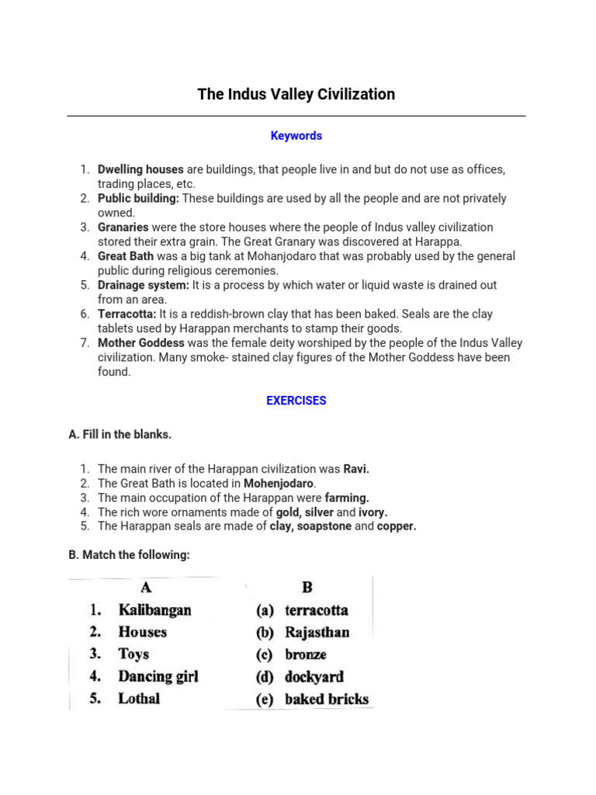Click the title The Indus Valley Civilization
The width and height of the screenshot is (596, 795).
click(x=296, y=95)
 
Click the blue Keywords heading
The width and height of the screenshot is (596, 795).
click(x=296, y=136)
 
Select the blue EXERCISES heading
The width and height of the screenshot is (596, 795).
click(x=296, y=401)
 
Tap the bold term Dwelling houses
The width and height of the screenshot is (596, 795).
click(x=140, y=169)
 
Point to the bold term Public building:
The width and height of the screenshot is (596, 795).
click(x=138, y=199)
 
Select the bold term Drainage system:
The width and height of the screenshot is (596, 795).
click(x=144, y=285)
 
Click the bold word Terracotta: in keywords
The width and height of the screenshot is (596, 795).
click(x=127, y=314)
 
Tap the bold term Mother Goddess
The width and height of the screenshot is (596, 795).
click(x=140, y=343)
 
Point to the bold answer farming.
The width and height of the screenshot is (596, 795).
click(x=347, y=498)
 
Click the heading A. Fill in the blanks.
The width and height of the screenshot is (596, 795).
click(x=120, y=435)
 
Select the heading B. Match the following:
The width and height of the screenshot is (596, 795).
click(x=129, y=555)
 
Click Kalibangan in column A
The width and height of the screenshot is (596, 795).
click(x=154, y=610)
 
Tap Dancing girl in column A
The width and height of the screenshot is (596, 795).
click(x=158, y=676)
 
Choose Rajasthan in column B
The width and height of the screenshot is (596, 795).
click(x=317, y=632)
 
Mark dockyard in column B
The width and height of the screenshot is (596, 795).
click(x=314, y=677)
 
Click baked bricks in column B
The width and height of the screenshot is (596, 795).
click(x=326, y=699)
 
